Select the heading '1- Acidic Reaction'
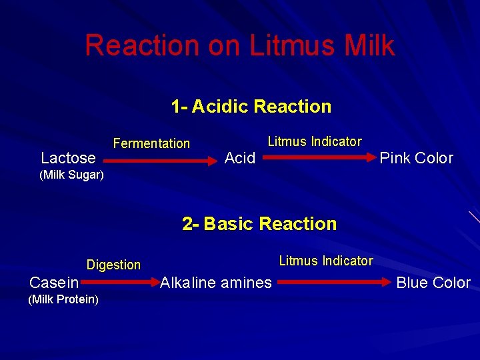tap(251, 107)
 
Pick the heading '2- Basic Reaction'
tap(259, 224)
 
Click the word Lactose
tap(68, 158)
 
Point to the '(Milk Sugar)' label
tap(71, 175)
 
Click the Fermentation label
tap(151, 143)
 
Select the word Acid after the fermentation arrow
tap(240, 158)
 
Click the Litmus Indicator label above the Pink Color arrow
tap(315, 141)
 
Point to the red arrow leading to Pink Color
tap(317, 158)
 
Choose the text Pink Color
tap(416, 158)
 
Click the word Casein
tap(54, 283)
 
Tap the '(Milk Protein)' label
tap(63, 299)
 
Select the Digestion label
tap(113, 265)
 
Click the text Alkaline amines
tap(216, 283)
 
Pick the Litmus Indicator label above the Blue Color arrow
tap(326, 261)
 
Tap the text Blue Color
tap(433, 283)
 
